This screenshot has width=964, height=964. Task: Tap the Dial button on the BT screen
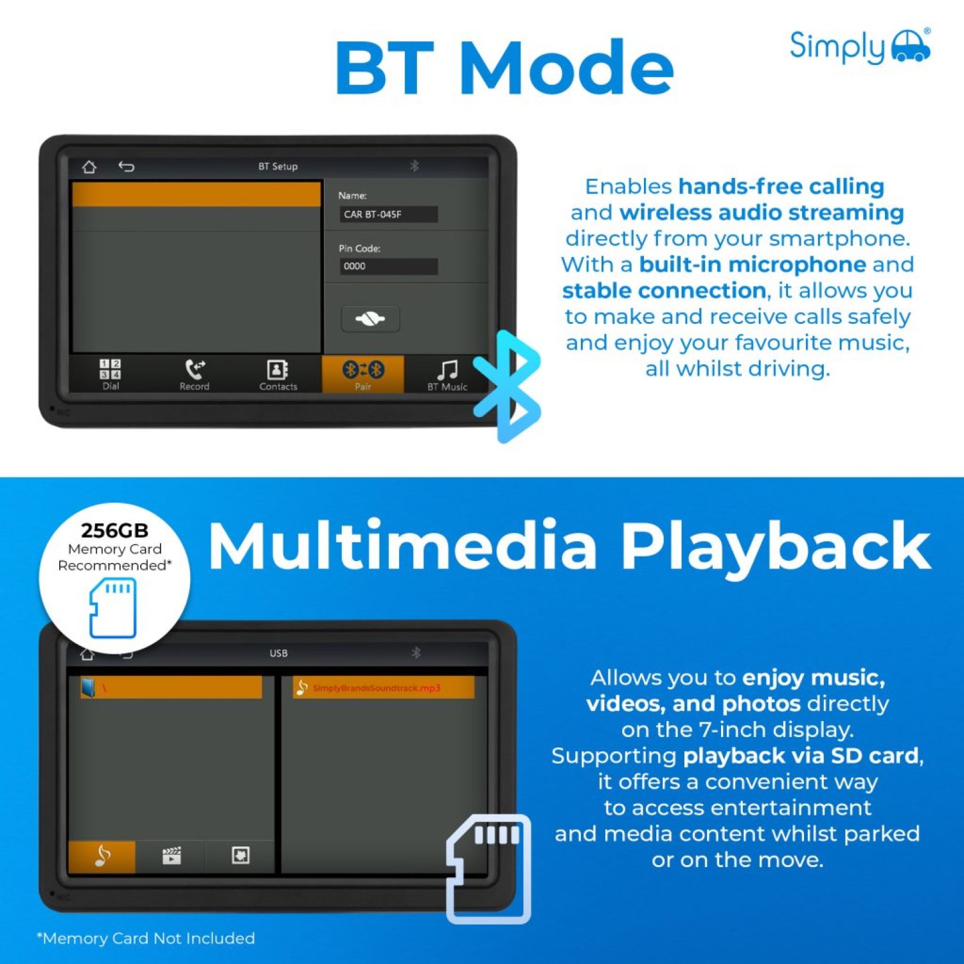click(111, 374)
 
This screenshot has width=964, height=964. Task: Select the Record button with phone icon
click(194, 374)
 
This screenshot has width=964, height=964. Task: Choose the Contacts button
click(278, 374)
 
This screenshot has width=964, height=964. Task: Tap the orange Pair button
click(363, 374)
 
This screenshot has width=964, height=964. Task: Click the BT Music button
click(447, 374)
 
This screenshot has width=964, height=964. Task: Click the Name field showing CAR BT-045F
click(389, 214)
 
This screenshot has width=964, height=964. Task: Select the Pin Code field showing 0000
click(389, 266)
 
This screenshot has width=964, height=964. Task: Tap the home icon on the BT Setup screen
click(89, 167)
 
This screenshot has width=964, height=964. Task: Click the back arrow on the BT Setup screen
click(126, 167)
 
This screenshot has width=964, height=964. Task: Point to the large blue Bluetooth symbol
click(507, 386)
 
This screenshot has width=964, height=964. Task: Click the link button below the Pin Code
click(370, 319)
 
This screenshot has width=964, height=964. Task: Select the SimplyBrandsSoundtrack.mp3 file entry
click(384, 688)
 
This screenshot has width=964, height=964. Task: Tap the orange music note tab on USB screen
click(102, 856)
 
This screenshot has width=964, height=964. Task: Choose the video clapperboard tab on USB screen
click(172, 856)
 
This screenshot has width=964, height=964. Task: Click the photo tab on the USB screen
click(240, 856)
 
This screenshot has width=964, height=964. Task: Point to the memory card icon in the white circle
click(113, 607)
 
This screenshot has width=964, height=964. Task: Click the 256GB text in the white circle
click(115, 530)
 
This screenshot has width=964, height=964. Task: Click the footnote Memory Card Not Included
click(146, 938)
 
